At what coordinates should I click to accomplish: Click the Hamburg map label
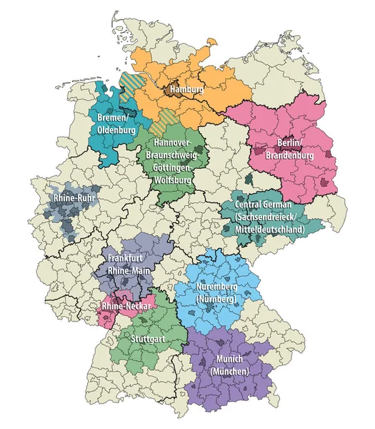(x=186, y=90)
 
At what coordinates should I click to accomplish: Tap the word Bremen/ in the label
(x=111, y=117)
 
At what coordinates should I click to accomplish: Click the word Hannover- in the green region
(x=171, y=142)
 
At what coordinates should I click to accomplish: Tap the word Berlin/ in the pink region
(x=275, y=142)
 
